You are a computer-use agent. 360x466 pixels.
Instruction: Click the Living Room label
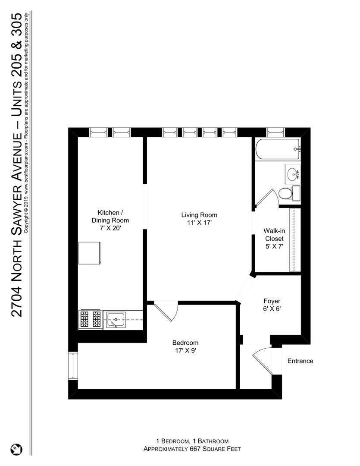pos(199,215)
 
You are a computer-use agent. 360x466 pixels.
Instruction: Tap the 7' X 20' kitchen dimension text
pos(110,228)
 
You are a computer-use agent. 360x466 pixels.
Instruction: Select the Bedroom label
pos(185,343)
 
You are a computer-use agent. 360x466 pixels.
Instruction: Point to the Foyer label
pos(272,301)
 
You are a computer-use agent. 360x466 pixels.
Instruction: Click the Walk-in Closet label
pos(275,235)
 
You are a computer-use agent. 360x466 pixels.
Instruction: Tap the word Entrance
pos(301,361)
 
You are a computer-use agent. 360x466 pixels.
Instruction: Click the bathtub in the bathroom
pos(278,149)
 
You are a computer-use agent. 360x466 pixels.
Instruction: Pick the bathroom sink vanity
pos(293,174)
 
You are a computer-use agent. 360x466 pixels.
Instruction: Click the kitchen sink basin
pos(116,319)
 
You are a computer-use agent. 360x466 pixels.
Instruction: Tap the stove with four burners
pos(91,319)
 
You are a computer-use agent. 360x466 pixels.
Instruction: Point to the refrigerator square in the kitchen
pos(90,253)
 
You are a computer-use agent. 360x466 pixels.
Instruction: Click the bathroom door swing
pos(266,198)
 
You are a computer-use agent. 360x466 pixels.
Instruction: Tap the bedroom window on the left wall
pos(73,365)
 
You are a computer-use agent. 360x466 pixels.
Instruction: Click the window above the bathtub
pos(275,132)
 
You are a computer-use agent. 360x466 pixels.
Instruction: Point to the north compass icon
pos(17,449)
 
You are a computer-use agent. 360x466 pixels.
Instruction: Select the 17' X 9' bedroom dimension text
pos(185,351)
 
